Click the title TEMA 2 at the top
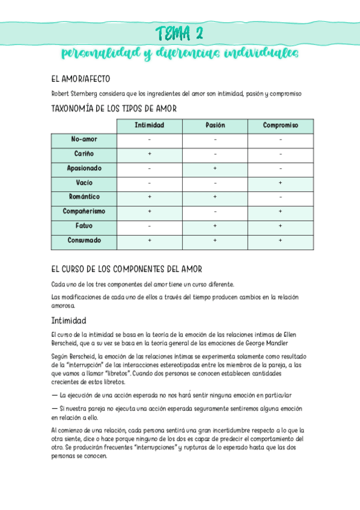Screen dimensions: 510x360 coord(180,32)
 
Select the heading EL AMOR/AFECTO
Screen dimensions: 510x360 coord(81,79)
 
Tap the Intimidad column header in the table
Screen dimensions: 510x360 coord(149,126)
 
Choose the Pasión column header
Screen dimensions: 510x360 coord(215,126)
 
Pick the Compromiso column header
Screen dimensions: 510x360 coord(280,126)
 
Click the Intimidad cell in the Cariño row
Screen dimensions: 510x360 coord(149,155)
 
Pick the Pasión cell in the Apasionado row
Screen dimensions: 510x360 coord(215,169)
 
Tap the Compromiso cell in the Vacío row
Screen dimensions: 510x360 coord(280,183)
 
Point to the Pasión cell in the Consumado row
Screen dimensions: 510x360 coord(215,241)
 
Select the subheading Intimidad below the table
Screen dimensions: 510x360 coord(69,321)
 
